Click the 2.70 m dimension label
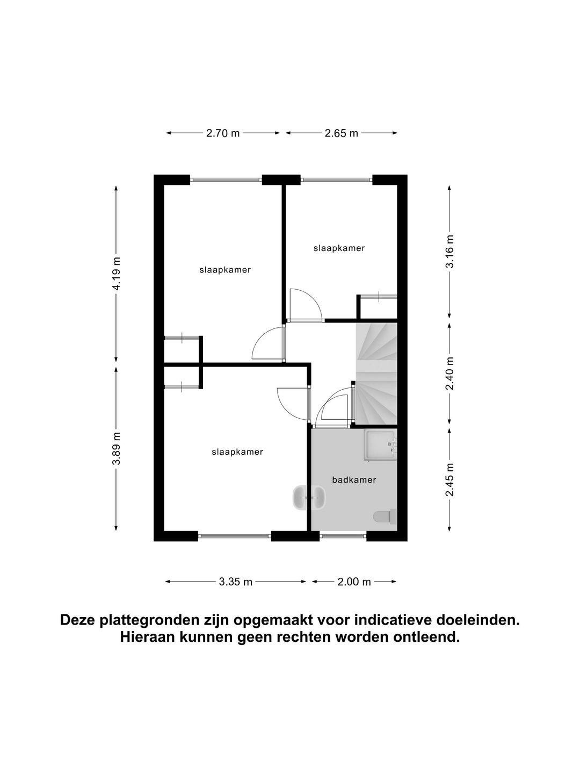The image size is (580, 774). point(223,133)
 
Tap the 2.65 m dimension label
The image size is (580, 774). point(341,133)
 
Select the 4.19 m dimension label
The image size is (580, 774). point(117,274)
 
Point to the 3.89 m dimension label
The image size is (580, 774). point(117,449)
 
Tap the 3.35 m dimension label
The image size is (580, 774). point(236,582)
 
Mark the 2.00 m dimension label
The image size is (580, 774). point(354,582)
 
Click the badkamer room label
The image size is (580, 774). point(354,480)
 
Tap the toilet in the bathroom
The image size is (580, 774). point(385,517)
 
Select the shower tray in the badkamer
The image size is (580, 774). point(380,445)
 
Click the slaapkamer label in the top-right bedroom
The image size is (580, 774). point(339,248)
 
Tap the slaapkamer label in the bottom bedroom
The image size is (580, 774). point(237,452)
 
